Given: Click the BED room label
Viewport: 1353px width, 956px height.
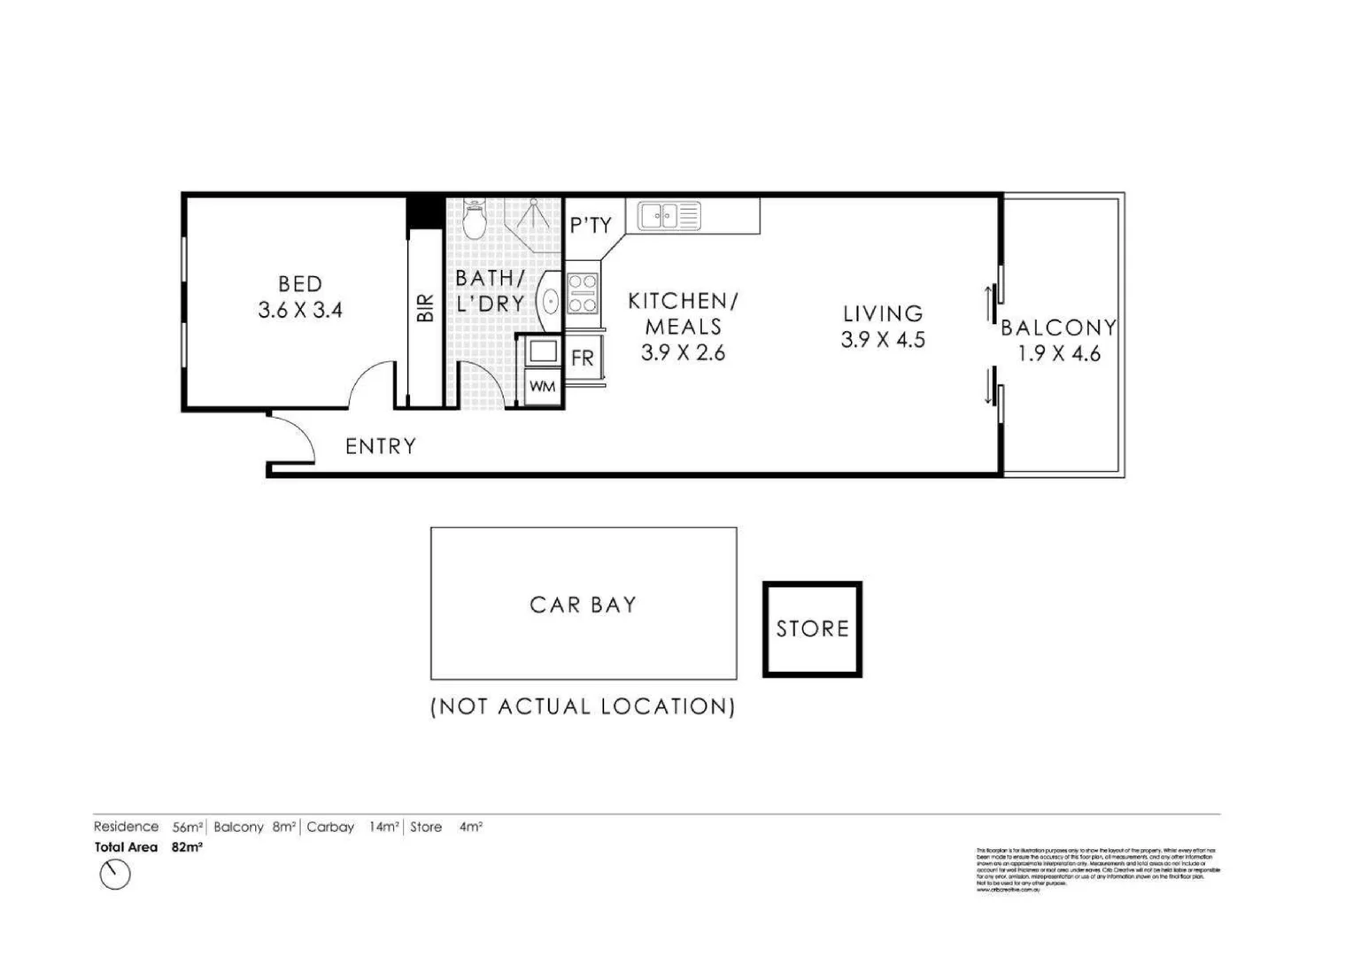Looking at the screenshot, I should [299, 284].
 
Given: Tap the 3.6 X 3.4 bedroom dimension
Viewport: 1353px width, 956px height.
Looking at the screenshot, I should [299, 311].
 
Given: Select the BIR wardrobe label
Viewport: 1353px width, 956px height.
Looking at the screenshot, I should [426, 308].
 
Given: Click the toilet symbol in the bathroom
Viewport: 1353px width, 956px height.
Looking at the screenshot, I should [475, 220].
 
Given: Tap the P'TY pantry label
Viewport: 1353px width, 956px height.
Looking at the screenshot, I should [591, 226].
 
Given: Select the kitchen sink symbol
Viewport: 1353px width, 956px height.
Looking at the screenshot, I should [669, 215].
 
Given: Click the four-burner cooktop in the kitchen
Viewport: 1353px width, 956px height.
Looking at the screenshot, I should [582, 294].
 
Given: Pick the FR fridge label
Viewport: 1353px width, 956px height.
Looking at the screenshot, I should [583, 358].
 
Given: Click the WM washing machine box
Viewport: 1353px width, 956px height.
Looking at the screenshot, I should [542, 387].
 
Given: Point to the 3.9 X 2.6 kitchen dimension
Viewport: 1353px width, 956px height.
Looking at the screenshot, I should [683, 353].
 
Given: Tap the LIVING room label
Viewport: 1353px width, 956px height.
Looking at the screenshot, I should [883, 313].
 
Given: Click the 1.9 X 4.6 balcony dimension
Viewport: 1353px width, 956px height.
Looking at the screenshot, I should [1059, 354].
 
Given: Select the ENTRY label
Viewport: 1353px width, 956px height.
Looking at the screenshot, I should [381, 446].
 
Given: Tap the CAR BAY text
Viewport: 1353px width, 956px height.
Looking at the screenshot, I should [583, 605].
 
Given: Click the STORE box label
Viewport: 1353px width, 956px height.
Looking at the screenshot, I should [812, 629].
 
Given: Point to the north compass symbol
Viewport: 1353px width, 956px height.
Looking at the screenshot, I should [115, 875].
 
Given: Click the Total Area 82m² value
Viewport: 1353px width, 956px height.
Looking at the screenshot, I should [187, 847].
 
